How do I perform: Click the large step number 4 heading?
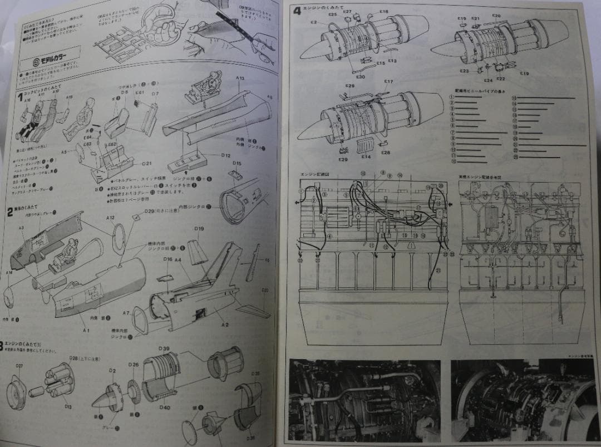pyautogui.click(x=297, y=11)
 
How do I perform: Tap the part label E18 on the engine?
pyautogui.click(x=384, y=11)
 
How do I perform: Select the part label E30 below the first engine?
pyautogui.click(x=360, y=77)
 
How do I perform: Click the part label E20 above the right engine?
pyautogui.click(x=496, y=16)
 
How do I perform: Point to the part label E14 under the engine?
pyautogui.click(x=366, y=157)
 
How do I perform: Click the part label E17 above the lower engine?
pyautogui.click(x=388, y=82)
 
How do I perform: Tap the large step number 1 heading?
pyautogui.click(x=20, y=96)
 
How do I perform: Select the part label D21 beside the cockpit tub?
pyautogui.click(x=147, y=164)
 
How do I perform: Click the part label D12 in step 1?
pyautogui.click(x=225, y=155)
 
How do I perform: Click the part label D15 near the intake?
pyautogui.click(x=237, y=164)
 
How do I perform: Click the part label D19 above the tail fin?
pyautogui.click(x=199, y=228)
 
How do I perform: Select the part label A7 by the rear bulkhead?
pyautogui.click(x=126, y=313)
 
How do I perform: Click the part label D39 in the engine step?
pyautogui.click(x=164, y=348)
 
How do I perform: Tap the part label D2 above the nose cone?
pyautogui.click(x=112, y=370)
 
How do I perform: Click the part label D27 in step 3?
pyautogui.click(x=19, y=366)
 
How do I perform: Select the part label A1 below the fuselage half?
pyautogui.click(x=86, y=331)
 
